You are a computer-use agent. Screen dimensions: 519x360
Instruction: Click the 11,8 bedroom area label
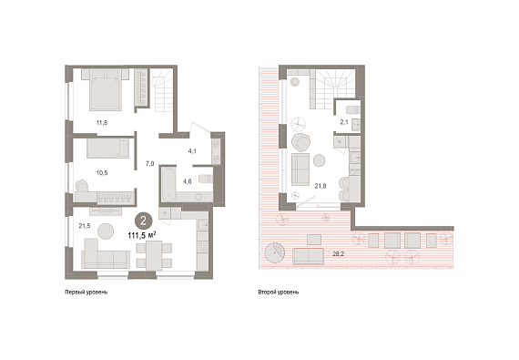tap(102, 123)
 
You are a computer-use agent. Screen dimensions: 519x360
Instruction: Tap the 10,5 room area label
tap(102, 173)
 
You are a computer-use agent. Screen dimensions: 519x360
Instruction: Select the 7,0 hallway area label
tap(149, 164)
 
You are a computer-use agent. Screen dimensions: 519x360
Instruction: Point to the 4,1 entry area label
tap(192, 151)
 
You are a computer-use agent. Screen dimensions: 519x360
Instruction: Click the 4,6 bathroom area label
tap(188, 181)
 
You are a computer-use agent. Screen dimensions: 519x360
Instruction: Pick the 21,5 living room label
tap(85, 226)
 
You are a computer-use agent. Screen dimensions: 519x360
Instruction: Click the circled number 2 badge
tap(143, 221)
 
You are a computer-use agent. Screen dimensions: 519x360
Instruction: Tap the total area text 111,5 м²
tap(142, 235)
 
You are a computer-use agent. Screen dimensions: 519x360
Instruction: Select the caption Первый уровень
tap(86, 293)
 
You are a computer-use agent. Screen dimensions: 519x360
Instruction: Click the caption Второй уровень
tap(279, 293)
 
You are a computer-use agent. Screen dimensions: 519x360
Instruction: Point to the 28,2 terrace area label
tap(339, 254)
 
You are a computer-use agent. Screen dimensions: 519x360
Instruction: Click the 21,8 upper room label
tap(321, 186)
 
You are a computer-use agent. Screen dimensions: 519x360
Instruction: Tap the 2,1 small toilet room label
tap(344, 122)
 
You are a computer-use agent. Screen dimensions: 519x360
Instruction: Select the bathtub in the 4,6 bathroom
tap(168, 184)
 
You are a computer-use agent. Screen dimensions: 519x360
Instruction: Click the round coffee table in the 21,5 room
tap(106, 231)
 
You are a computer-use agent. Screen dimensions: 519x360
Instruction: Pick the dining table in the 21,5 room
tap(154, 254)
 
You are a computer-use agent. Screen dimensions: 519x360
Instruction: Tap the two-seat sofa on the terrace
tap(308, 256)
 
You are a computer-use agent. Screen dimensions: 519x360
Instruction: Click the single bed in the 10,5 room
tap(108, 149)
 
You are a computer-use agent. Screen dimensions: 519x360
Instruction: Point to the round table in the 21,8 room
tap(320, 160)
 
